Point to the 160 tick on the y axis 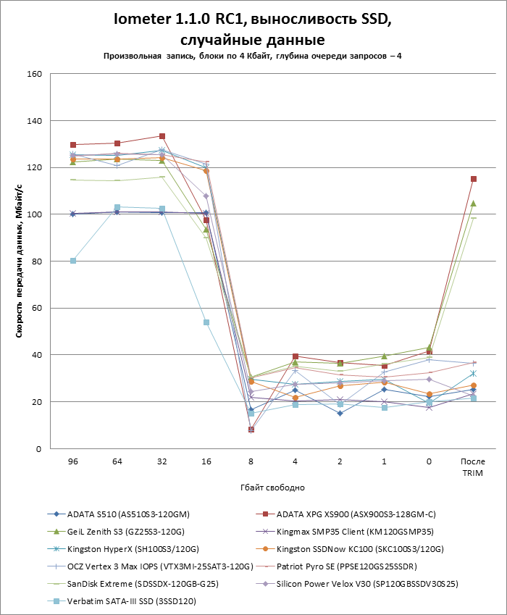pyautogui.click(x=35, y=74)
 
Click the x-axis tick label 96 pyautogui.click(x=72, y=461)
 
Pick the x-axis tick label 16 pyautogui.click(x=206, y=461)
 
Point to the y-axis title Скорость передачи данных pyautogui.click(x=20, y=262)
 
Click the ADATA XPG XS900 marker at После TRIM pyautogui.click(x=473, y=179)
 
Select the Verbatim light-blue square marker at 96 pyautogui.click(x=73, y=261)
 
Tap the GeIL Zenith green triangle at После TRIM pyautogui.click(x=473, y=204)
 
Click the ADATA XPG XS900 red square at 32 pyautogui.click(x=162, y=136)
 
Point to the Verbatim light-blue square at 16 pyautogui.click(x=206, y=322)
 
